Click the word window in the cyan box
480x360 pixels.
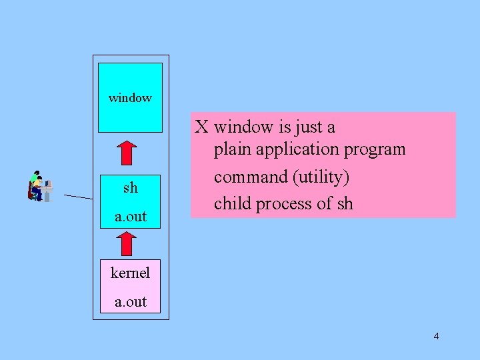[x=130, y=98]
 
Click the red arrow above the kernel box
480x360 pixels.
[x=130, y=243]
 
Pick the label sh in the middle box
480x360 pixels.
[x=130, y=188]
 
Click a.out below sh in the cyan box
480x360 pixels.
[x=130, y=217]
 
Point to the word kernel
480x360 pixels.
[x=130, y=273]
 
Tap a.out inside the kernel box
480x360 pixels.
[x=130, y=301]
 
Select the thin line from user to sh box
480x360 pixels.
[x=79, y=197]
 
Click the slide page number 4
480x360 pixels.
[x=436, y=336]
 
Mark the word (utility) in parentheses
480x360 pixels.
[x=320, y=177]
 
